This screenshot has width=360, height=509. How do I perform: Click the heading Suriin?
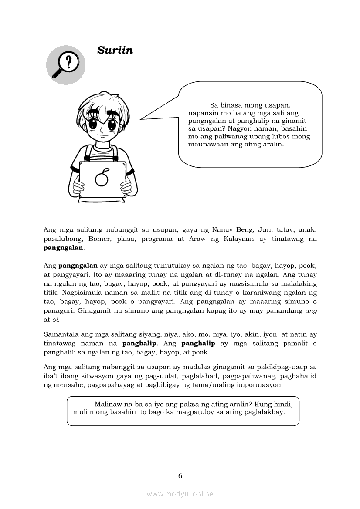[x=115, y=51]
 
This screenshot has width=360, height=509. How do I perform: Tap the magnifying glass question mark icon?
[x=66, y=65]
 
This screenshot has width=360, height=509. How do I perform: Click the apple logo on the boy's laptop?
[x=102, y=178]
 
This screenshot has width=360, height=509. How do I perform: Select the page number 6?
[x=180, y=476]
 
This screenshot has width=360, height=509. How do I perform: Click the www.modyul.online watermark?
[x=180, y=494]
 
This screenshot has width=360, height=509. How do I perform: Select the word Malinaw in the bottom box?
[x=108, y=404]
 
